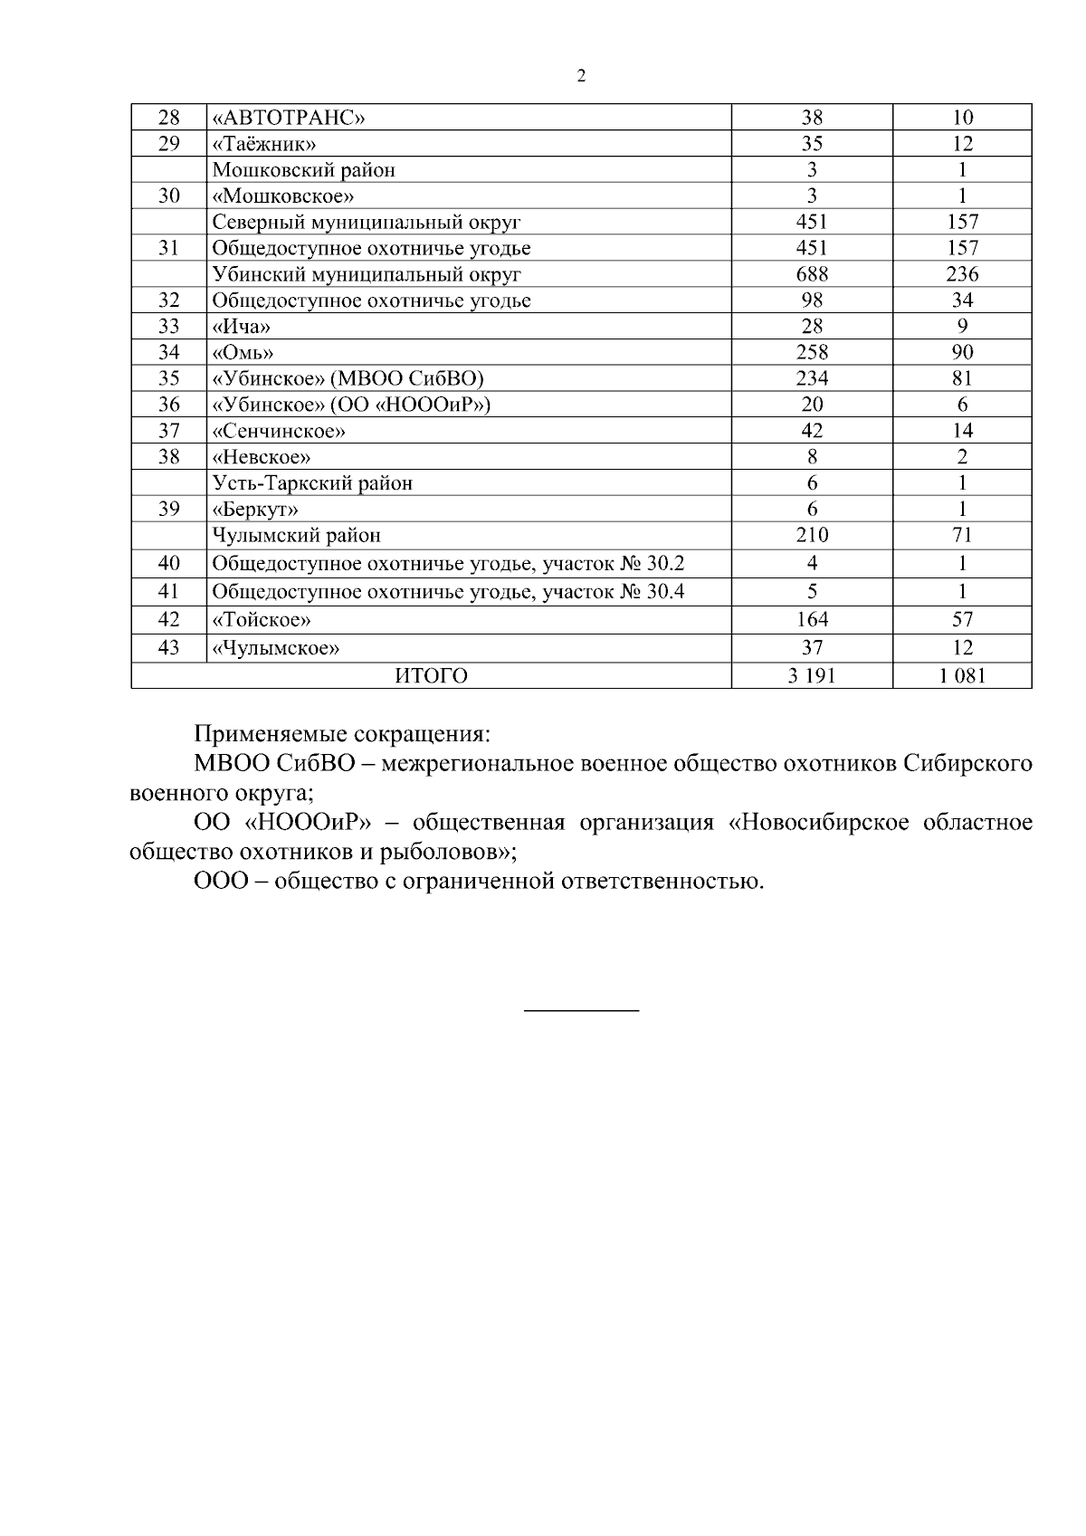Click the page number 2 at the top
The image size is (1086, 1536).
(x=581, y=76)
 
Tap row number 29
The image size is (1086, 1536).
(x=168, y=144)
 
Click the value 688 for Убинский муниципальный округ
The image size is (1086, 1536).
(x=812, y=274)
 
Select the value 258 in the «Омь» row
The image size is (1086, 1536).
(x=812, y=353)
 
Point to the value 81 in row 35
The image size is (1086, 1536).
(x=962, y=379)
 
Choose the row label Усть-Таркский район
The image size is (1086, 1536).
(x=312, y=483)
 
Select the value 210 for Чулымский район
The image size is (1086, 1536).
(x=812, y=536)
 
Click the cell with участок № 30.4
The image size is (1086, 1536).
(x=448, y=592)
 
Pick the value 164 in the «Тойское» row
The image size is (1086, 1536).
(x=812, y=620)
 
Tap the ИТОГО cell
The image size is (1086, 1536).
(x=431, y=676)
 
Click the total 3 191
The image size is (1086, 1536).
(x=812, y=676)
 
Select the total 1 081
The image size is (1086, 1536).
(x=962, y=676)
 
